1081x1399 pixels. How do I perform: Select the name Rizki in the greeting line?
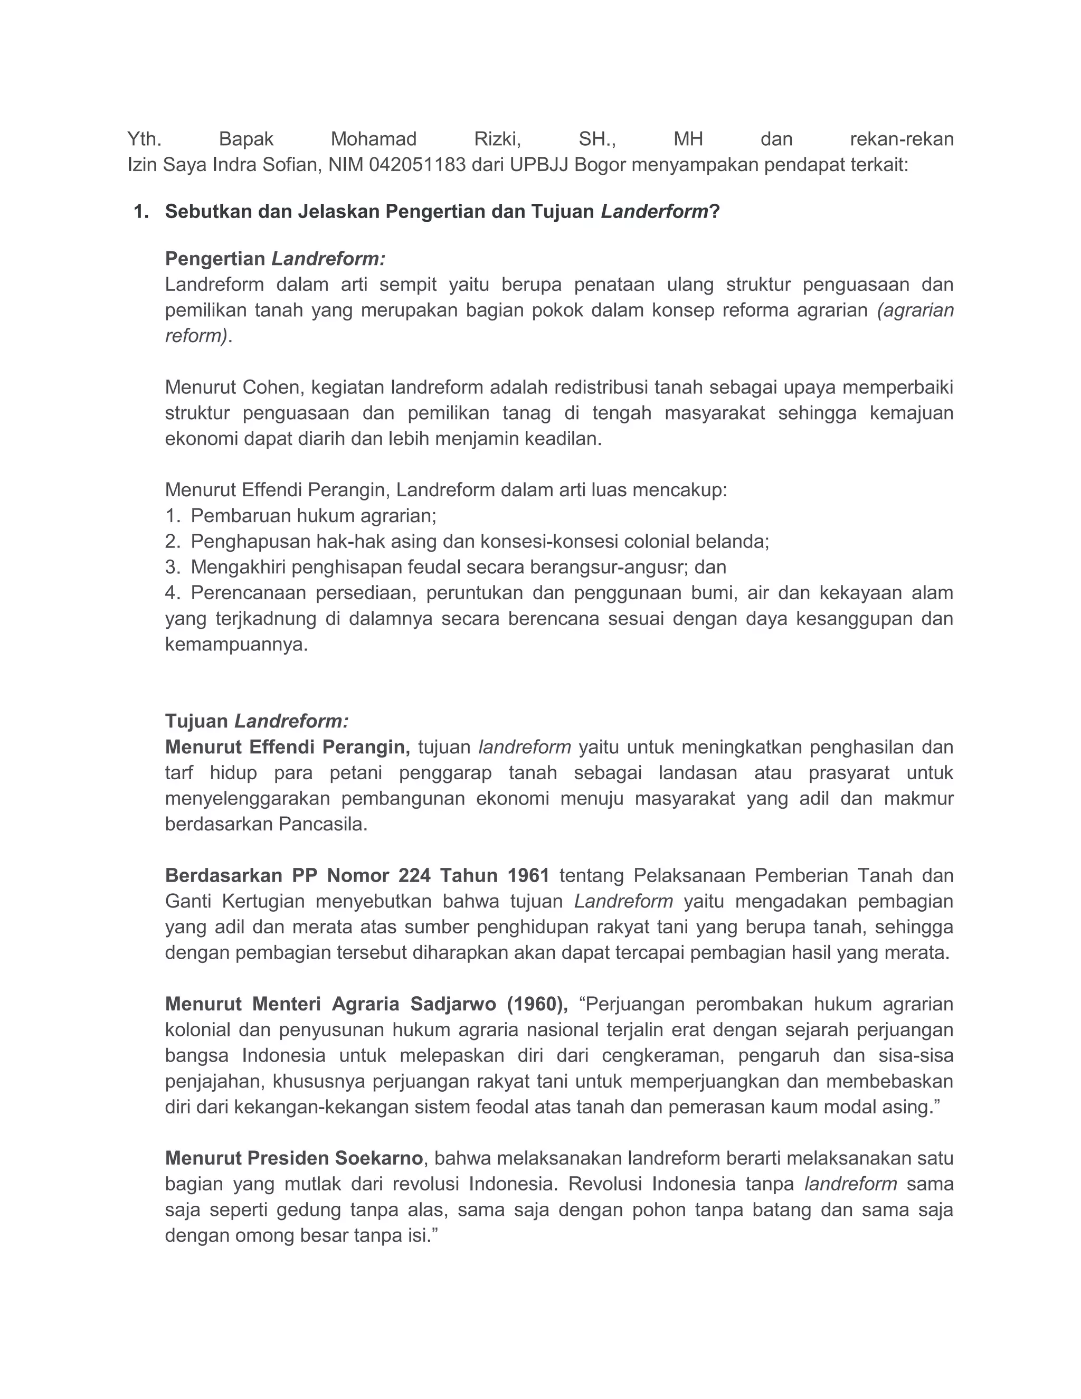[x=497, y=139]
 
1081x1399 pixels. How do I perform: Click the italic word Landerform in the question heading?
[x=654, y=212]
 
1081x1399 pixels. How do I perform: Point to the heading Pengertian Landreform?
[x=276, y=259]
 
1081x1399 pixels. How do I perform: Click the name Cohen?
[x=269, y=387]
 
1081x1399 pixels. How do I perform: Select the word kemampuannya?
[x=236, y=645]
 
